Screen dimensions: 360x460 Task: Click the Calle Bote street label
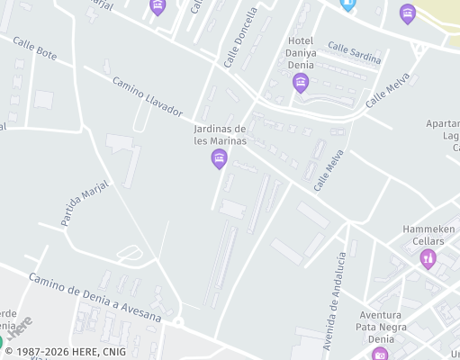click(35, 49)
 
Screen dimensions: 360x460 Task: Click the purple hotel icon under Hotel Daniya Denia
click(301, 84)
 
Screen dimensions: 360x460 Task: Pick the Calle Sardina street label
click(354, 52)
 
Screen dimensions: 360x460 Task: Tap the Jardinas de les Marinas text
click(221, 134)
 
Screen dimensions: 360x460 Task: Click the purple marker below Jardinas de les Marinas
click(219, 160)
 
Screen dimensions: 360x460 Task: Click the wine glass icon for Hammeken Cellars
click(428, 259)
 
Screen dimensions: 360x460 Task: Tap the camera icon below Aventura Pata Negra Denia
click(381, 355)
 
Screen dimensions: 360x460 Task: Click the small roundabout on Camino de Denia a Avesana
click(178, 321)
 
